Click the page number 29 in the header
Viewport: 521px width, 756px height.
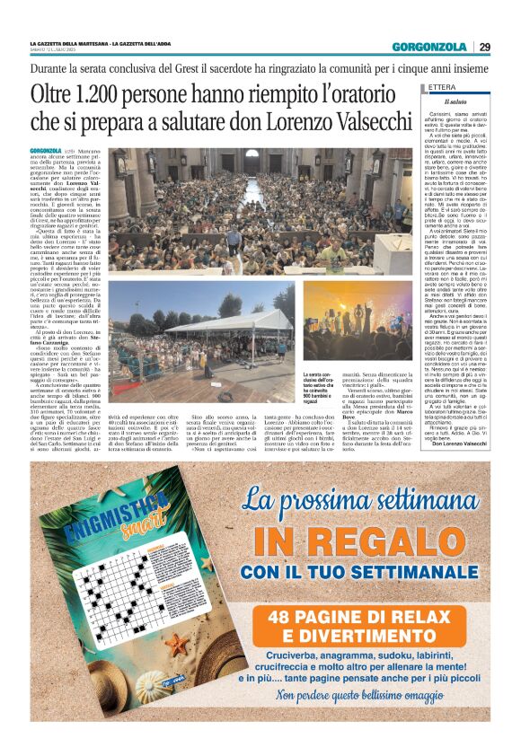[484, 47]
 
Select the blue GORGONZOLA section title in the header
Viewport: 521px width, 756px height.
[428, 47]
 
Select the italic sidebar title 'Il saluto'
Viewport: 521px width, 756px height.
[455, 102]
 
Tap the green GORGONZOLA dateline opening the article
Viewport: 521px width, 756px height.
[46, 149]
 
